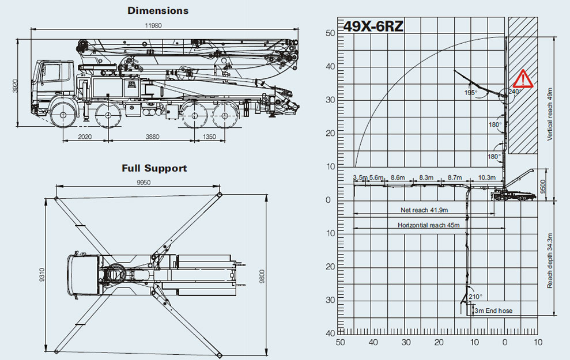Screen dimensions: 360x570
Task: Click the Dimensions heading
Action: pyautogui.click(x=158, y=10)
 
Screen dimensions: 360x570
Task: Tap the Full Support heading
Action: pyautogui.click(x=154, y=168)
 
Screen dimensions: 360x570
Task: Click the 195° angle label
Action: pyautogui.click(x=472, y=92)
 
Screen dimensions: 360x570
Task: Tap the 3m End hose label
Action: pyautogui.click(x=493, y=311)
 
